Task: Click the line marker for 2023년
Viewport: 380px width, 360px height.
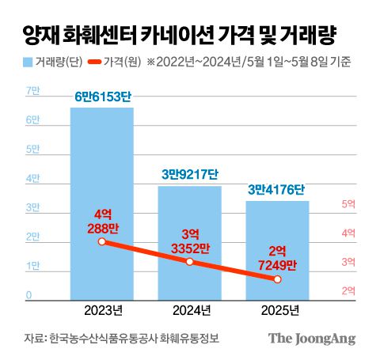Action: (101, 241)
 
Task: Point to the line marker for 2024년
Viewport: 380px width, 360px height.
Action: (189, 261)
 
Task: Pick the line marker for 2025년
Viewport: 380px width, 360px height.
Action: (277, 279)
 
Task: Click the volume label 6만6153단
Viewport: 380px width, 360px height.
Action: (101, 97)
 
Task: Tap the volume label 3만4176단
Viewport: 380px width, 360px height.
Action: (277, 190)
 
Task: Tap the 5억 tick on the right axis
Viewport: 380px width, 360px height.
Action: (348, 204)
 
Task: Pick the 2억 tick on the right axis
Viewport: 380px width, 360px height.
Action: (348, 291)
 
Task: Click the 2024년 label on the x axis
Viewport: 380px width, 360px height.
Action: (189, 309)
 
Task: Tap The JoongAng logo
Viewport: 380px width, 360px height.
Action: (311, 338)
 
